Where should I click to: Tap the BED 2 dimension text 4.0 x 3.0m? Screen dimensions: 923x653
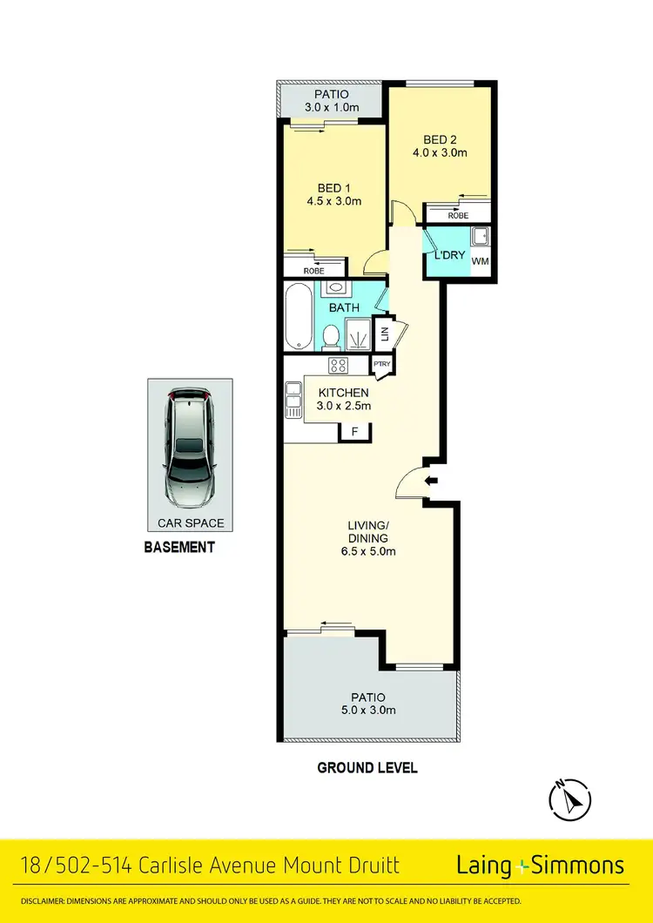pos(441,153)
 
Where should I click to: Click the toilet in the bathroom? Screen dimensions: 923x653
pos(331,338)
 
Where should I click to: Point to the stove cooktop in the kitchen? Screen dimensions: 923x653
pos(337,366)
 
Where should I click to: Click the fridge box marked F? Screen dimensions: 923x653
pos(354,431)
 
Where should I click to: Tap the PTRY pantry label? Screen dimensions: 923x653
pos(380,365)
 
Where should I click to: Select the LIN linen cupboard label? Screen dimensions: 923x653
pos(380,331)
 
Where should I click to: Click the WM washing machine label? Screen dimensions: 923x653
pos(481,260)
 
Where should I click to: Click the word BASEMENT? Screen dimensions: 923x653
pos(178,548)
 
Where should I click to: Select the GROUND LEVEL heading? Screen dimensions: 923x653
pos(367,767)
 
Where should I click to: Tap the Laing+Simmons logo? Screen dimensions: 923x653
pos(541,865)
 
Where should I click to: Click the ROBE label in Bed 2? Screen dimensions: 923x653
pos(458,215)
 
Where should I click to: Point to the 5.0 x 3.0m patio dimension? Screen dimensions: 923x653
pos(367,711)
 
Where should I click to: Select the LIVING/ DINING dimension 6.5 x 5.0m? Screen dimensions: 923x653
pos(367,551)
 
